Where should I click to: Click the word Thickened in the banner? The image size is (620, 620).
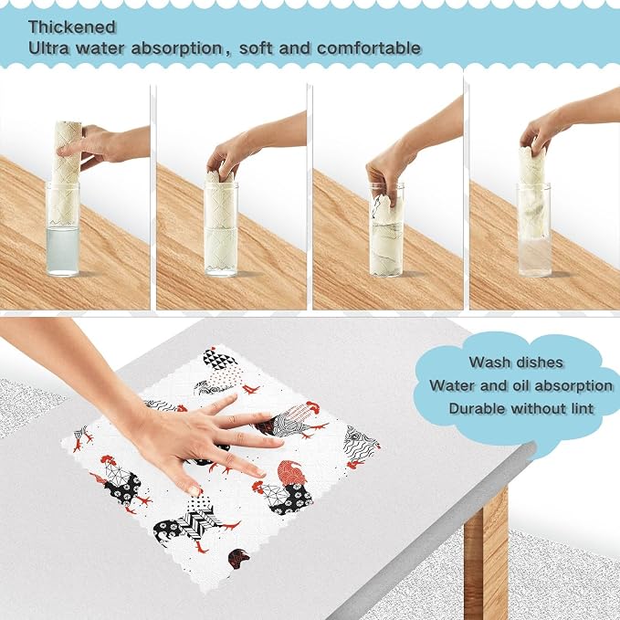72,27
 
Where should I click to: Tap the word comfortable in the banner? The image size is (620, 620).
369,48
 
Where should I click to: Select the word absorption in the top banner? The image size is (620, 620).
177,48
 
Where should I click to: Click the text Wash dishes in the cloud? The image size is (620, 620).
516,363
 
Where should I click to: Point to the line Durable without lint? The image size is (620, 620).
521,408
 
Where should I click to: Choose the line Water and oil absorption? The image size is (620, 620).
520,385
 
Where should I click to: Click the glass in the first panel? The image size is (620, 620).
62,229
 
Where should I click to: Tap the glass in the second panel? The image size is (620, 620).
221,229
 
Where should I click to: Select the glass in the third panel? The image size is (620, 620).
386,229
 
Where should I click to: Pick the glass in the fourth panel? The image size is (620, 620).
534,229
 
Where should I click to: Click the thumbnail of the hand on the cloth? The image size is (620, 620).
194,491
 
